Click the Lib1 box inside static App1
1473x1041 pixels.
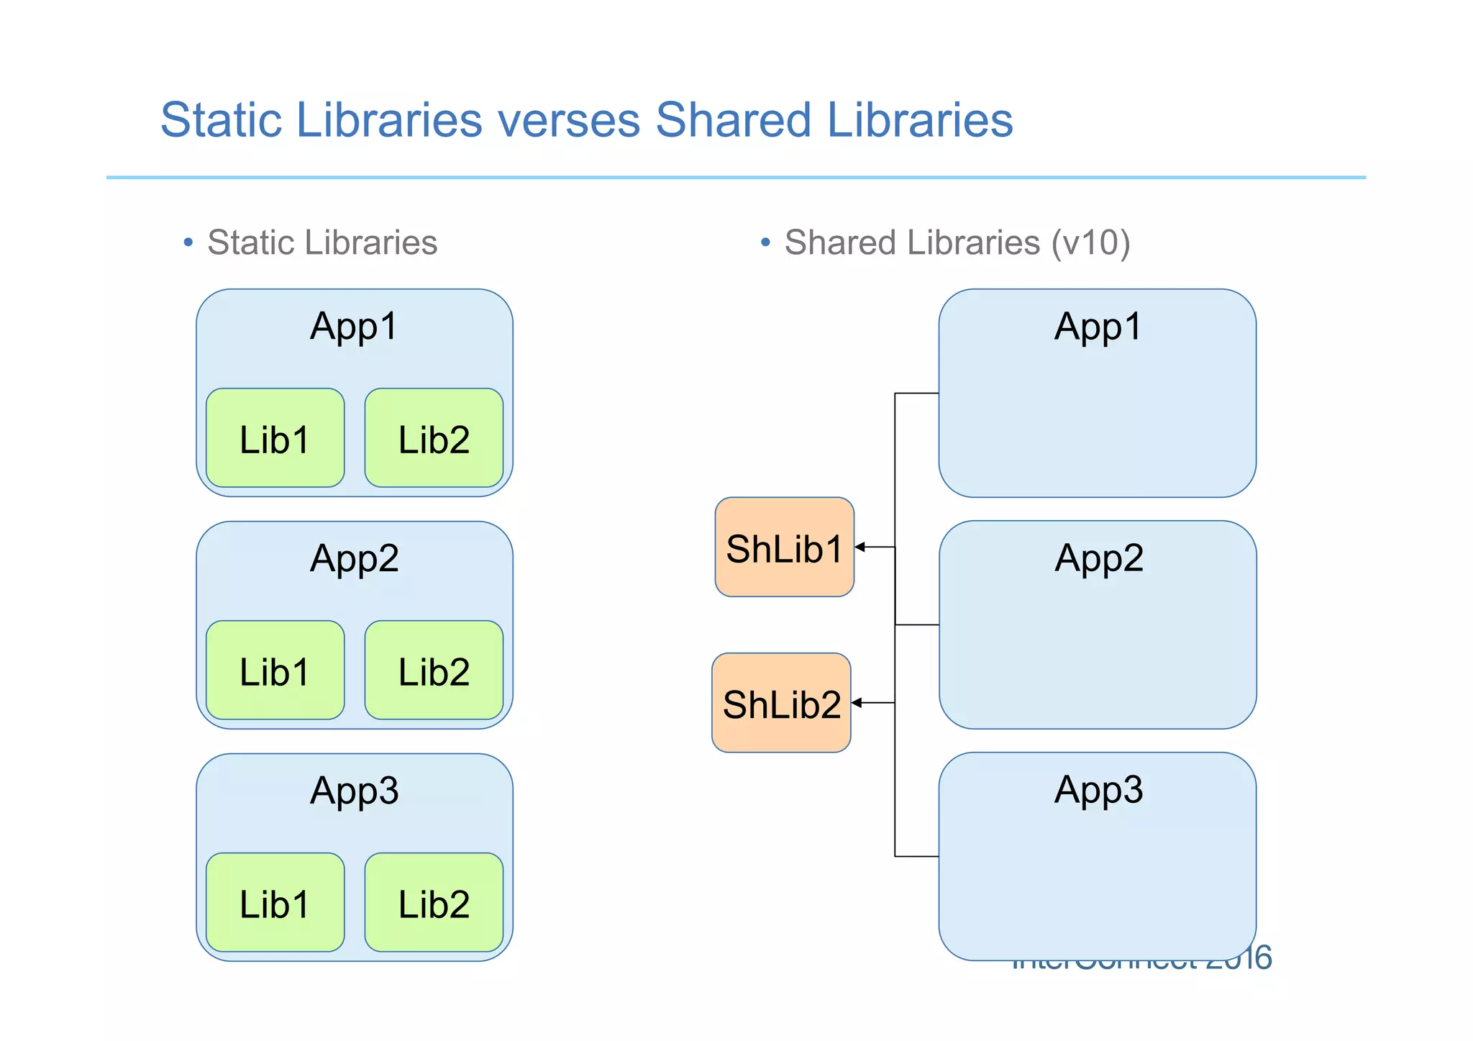[x=275, y=438]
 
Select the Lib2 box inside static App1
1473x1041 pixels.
[x=434, y=438]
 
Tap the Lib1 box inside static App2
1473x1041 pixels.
[x=275, y=670]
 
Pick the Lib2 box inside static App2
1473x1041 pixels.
[x=434, y=670]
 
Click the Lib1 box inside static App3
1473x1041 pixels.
[x=275, y=903]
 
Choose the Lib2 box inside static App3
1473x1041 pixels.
[x=434, y=903]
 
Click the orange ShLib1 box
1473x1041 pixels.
[x=784, y=547]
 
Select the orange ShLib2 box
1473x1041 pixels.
[x=781, y=703]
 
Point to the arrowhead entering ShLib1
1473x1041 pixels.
[x=859, y=547]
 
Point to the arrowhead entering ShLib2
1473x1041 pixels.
[x=857, y=703]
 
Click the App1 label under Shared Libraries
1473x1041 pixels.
[x=1098, y=327]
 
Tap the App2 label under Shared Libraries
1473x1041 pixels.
[x=1098, y=558]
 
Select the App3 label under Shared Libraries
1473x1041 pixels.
[x=1098, y=790]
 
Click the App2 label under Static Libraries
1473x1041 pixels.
[x=354, y=559]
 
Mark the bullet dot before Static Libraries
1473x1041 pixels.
[x=188, y=242]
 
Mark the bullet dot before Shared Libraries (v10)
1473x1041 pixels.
[x=765, y=242]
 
